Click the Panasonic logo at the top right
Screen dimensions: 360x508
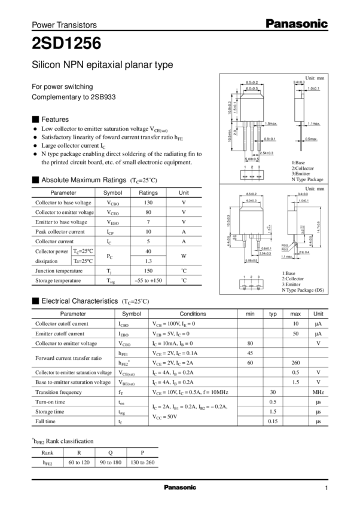[x=298, y=23]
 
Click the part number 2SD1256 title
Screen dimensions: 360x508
[x=66, y=43]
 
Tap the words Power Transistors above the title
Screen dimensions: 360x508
[x=63, y=26]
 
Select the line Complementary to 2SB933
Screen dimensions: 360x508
[x=73, y=96]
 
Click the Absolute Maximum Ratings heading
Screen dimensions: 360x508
[x=82, y=179]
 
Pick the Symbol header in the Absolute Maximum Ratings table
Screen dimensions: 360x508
[x=112, y=192]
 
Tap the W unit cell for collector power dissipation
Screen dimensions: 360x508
[x=184, y=256]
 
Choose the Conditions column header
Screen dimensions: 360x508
[x=193, y=313]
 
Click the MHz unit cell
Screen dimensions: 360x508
[x=318, y=392]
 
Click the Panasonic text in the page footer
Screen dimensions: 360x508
[x=180, y=488]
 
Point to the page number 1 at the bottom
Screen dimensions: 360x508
[x=327, y=488]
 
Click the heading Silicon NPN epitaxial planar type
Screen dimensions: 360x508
[x=102, y=65]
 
